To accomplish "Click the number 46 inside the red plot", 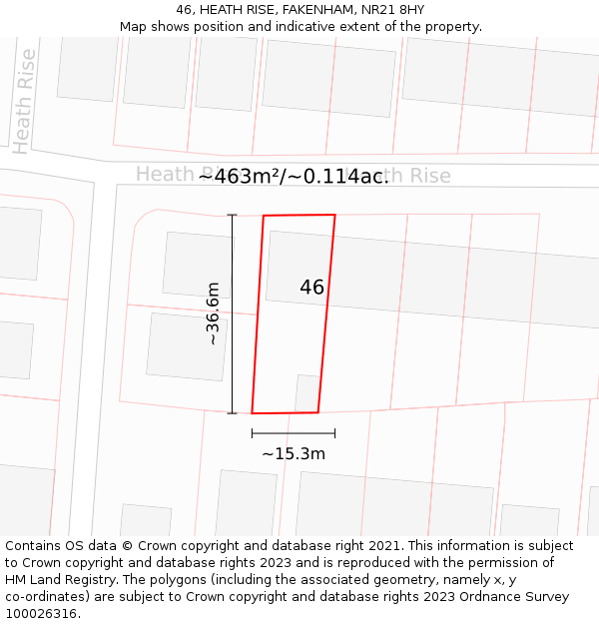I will tap(311, 288).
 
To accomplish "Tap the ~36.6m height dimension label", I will tap(213, 313).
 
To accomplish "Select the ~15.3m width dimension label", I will tap(294, 454).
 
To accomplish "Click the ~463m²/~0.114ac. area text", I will tap(294, 177).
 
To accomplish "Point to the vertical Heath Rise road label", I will tap(24, 101).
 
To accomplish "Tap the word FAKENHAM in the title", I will tap(317, 9).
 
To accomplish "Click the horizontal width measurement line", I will tap(294, 433).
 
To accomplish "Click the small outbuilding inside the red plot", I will tap(306, 392).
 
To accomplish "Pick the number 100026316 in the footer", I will tap(40, 614).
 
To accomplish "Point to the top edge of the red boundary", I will tap(299, 215).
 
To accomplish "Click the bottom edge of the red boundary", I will tap(285, 412).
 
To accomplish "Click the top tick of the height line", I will tap(233, 215).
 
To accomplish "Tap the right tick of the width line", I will tap(334, 433).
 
